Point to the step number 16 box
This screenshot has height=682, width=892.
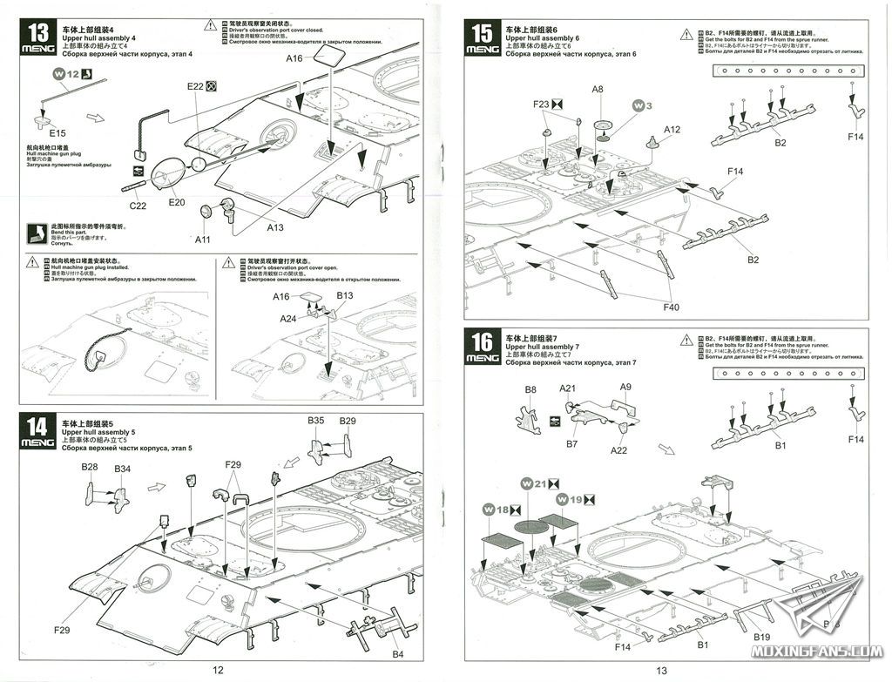coord(483,345)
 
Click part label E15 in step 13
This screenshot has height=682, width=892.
coord(57,133)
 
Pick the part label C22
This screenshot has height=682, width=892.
coord(138,205)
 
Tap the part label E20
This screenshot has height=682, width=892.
coord(177,202)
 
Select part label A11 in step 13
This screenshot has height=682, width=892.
coord(203,239)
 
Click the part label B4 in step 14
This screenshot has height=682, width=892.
coord(397,653)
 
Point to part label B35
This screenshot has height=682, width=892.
coord(316,421)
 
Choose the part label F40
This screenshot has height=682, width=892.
coord(671,307)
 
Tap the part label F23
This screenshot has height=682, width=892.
coord(542,105)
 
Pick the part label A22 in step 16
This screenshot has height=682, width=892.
coord(618,449)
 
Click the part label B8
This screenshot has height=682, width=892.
coord(530,389)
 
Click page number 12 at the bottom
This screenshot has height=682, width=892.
coord(219,670)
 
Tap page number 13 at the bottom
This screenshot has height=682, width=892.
coord(661,670)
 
